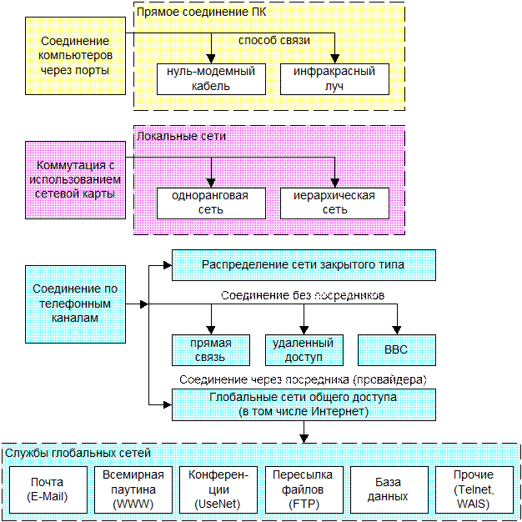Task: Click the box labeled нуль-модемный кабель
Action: pyautogui.click(x=211, y=78)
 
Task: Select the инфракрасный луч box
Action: pyautogui.click(x=334, y=78)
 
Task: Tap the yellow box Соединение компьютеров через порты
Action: pyautogui.click(x=75, y=55)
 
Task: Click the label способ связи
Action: pyautogui.click(x=274, y=40)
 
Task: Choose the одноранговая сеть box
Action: pyautogui.click(x=211, y=203)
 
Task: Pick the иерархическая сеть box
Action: pyautogui.click(x=334, y=203)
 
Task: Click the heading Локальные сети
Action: pyautogui.click(x=181, y=135)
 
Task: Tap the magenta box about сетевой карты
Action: pyautogui.click(x=75, y=180)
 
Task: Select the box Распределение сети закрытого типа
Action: pyautogui.click(x=304, y=265)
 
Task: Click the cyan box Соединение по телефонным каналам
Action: pyautogui.click(x=75, y=304)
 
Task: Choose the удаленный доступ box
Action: pyautogui.click(x=303, y=350)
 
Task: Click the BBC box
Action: pyautogui.click(x=397, y=350)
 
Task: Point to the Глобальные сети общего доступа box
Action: pyautogui.click(x=304, y=404)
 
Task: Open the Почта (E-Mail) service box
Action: pyautogui.click(x=48, y=489)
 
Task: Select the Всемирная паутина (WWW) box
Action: pyautogui.click(x=133, y=489)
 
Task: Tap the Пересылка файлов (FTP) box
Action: pyautogui.click(x=304, y=489)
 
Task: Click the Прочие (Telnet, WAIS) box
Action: pyautogui.click(x=474, y=489)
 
